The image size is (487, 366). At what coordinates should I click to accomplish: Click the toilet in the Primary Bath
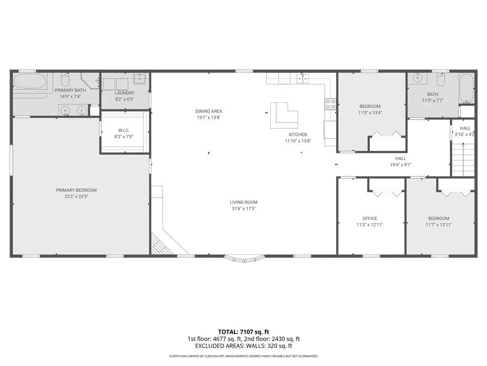65,80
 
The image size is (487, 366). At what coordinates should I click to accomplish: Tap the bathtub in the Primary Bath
30,81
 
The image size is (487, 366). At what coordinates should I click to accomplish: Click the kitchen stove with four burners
330,104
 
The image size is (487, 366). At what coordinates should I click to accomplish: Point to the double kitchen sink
302,79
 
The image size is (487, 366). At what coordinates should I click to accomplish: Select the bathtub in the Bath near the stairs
467,89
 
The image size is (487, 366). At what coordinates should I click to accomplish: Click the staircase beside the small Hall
463,160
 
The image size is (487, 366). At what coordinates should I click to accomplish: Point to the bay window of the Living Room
245,259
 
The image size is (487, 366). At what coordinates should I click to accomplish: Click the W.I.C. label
124,131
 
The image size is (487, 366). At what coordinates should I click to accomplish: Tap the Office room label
370,218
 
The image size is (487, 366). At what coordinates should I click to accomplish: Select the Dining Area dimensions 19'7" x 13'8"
209,118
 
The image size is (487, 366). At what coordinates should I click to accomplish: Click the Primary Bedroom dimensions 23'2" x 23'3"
77,196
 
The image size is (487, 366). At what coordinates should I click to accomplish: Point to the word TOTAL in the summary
228,332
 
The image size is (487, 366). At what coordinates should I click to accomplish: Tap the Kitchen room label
298,134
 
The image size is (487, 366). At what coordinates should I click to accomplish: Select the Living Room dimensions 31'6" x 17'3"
243,209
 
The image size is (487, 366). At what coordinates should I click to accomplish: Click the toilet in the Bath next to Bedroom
441,80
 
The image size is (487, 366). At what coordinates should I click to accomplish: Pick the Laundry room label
125,93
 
